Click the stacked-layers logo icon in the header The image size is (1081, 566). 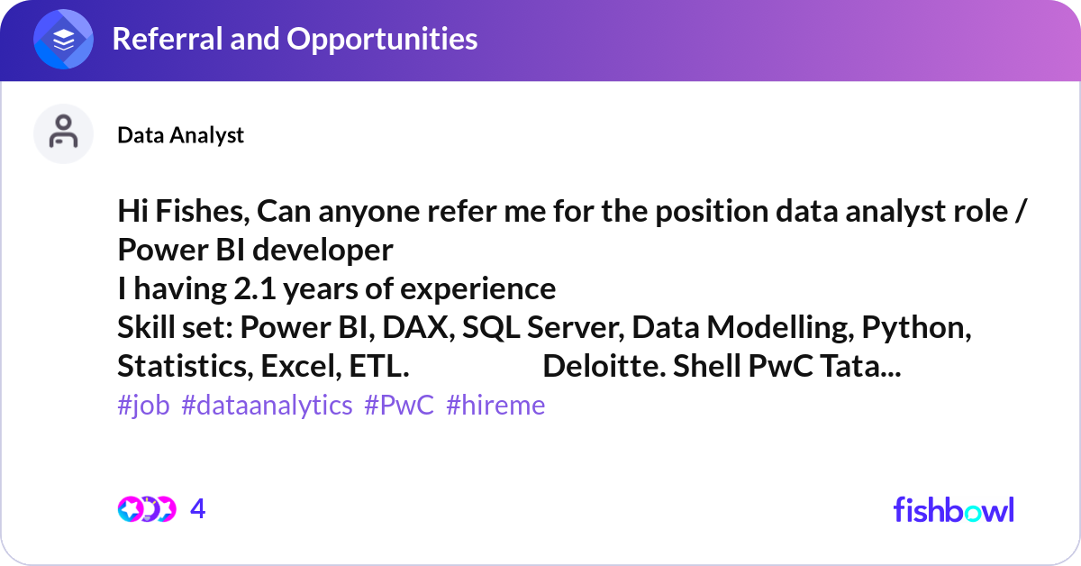[x=64, y=39]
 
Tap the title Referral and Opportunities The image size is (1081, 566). [x=295, y=39]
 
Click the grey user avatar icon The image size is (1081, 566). [x=64, y=133]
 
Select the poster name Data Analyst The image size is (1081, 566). [x=180, y=135]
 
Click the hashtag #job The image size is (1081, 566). [x=143, y=406]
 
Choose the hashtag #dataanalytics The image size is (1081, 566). [x=267, y=406]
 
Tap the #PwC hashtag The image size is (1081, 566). [x=398, y=406]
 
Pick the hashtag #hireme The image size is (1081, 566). [x=495, y=406]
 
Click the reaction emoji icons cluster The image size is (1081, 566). [x=147, y=509]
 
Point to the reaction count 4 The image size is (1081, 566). [x=198, y=509]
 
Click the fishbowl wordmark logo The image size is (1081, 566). [x=953, y=509]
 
